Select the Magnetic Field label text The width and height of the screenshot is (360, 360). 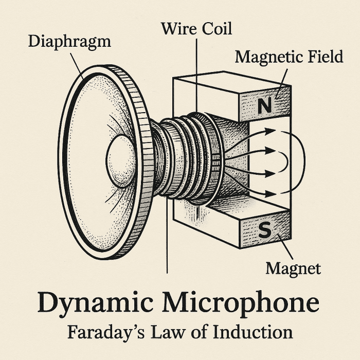coord(289,57)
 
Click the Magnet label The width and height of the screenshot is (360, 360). coord(293,268)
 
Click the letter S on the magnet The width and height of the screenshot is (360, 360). coord(264,231)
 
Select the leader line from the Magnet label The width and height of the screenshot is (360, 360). coord(285,247)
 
